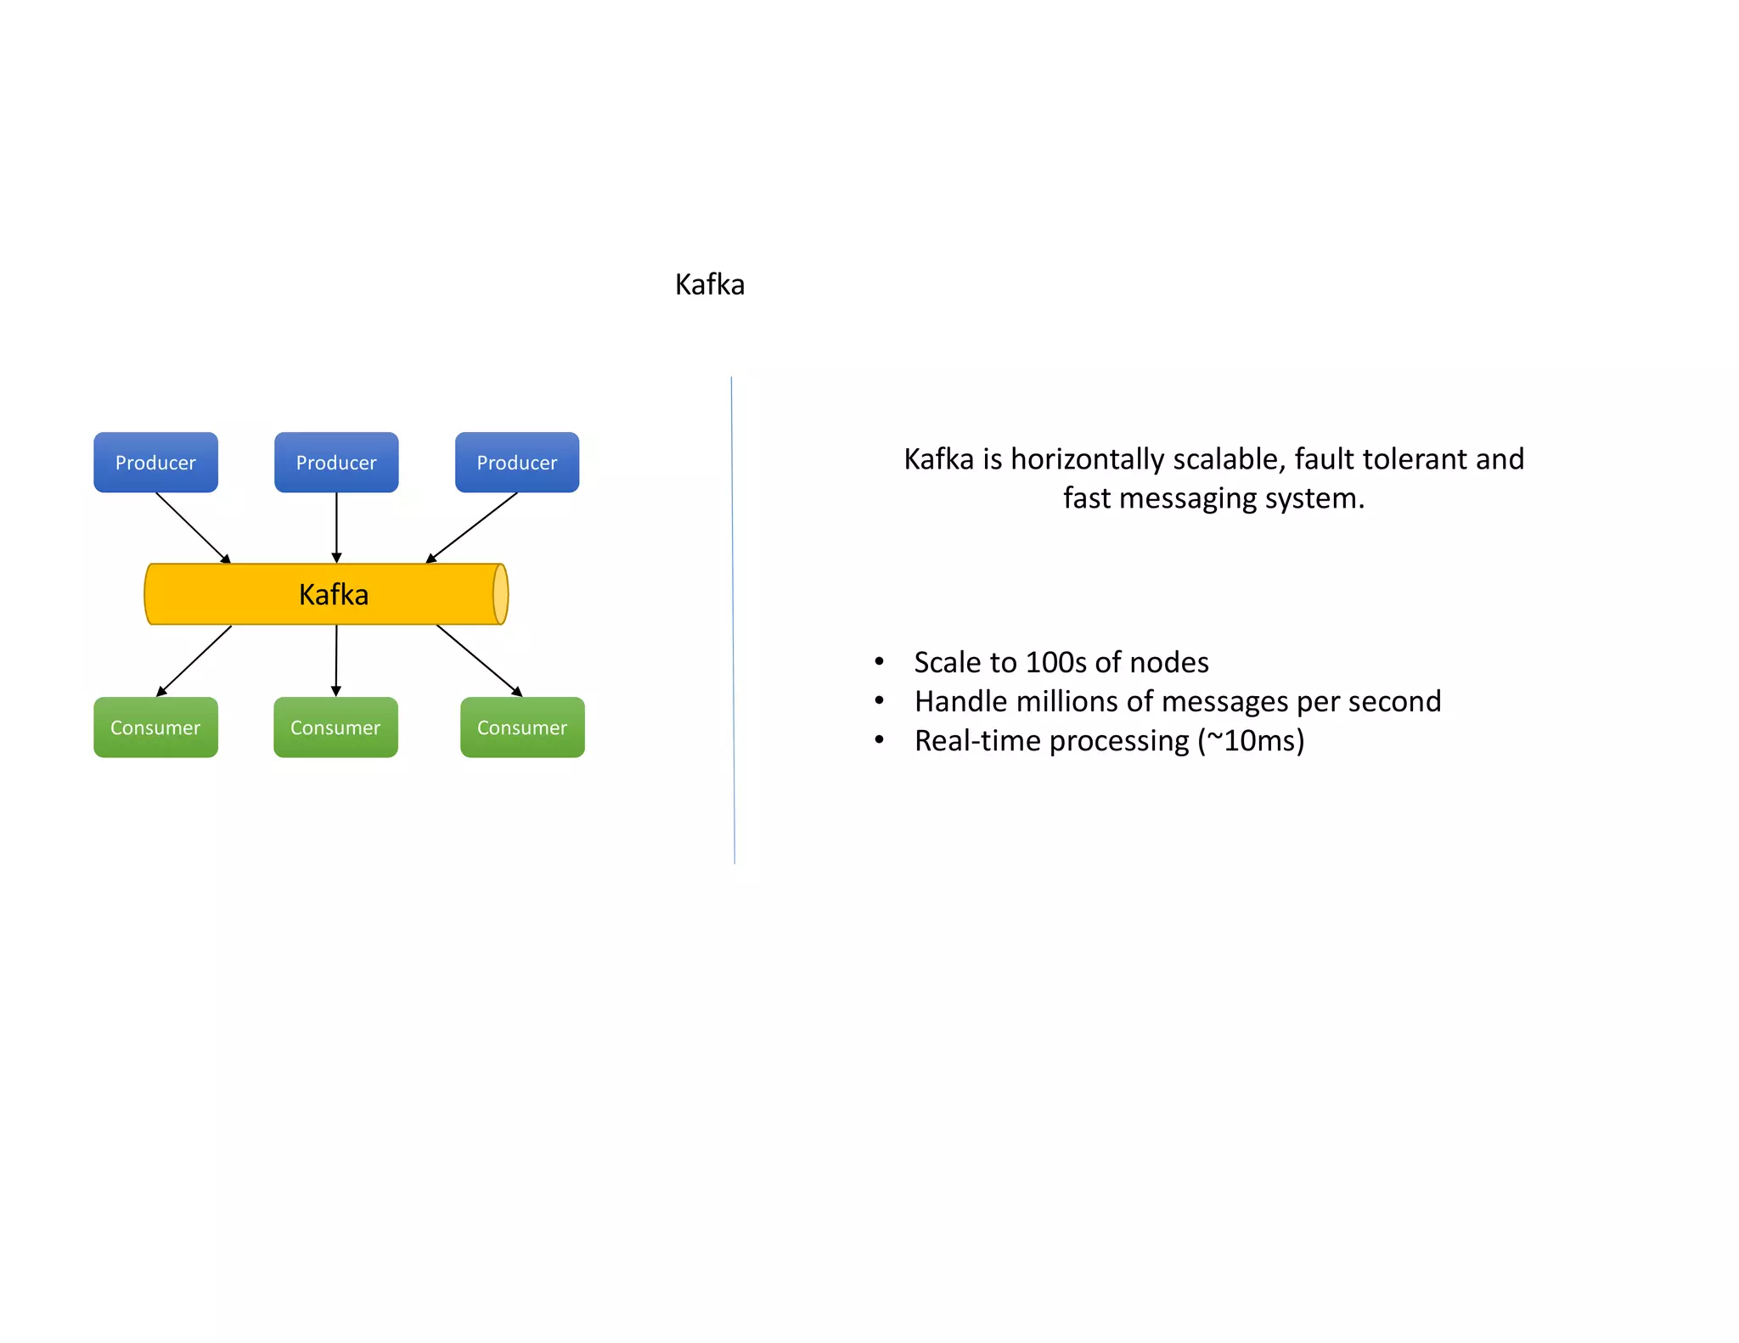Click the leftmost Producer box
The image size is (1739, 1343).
point(155,462)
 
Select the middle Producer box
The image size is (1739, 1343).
point(336,462)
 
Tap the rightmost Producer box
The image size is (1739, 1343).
point(516,462)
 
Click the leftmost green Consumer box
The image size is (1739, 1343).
point(155,728)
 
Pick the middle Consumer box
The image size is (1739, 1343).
point(335,728)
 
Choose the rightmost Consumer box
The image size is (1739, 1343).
point(522,728)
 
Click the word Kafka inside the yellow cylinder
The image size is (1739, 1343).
point(334,594)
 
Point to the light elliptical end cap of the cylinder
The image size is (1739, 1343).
point(501,594)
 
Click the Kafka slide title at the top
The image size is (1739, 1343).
point(709,284)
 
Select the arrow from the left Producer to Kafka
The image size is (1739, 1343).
point(193,527)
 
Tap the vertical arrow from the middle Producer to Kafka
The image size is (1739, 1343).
point(336,527)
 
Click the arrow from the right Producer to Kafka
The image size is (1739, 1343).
point(472,527)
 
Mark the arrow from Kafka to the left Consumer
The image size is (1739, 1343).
point(194,660)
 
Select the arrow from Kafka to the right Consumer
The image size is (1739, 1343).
point(479,660)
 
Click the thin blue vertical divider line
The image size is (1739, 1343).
point(733,620)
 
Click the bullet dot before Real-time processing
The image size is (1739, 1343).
point(880,740)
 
